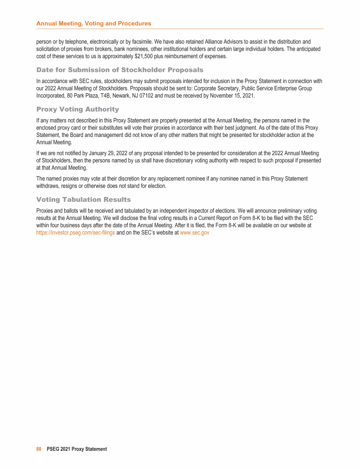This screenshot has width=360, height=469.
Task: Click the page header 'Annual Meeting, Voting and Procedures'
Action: point(94,23)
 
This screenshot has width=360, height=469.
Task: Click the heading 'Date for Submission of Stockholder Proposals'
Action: point(120,70)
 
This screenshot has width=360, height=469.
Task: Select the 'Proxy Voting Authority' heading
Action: point(77,109)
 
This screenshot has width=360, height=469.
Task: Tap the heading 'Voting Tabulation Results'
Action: point(83,199)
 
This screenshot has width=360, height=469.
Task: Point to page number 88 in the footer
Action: point(39,449)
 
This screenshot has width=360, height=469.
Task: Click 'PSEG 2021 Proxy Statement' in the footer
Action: point(77,449)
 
